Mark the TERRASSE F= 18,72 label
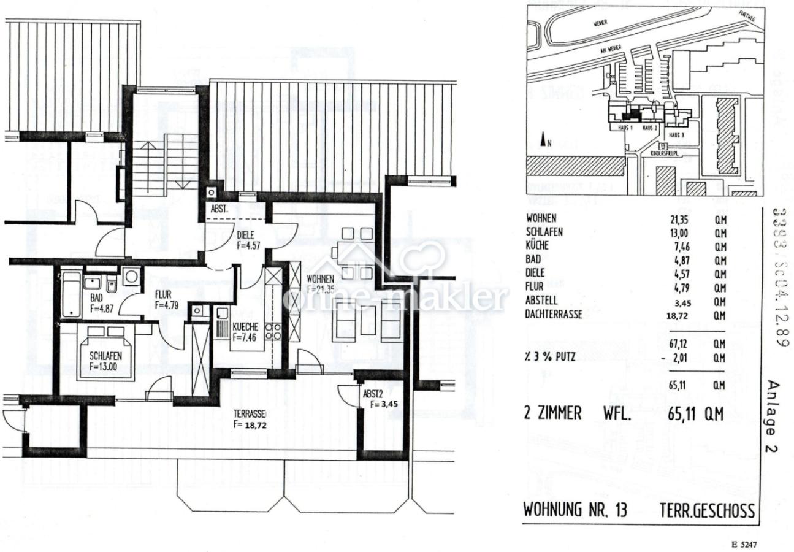click(249, 418)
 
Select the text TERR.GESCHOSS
click(707, 511)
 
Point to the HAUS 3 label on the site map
click(676, 135)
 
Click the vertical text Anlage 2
click(773, 416)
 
